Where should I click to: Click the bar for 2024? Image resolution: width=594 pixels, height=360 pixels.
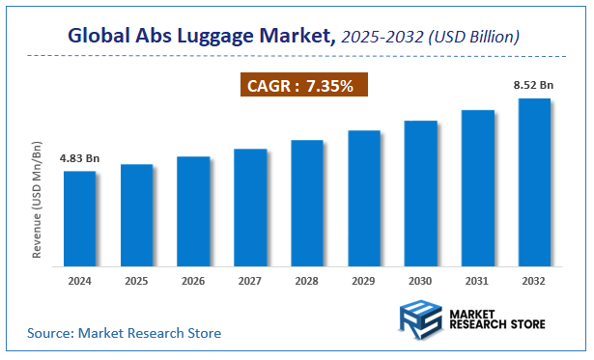[79, 218]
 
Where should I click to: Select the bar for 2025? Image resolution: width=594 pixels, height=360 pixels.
[136, 214]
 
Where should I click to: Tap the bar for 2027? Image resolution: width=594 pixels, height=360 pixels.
[250, 207]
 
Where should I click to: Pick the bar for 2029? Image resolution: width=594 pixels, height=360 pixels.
[364, 197]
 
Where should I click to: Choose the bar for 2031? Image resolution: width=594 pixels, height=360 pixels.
[477, 187]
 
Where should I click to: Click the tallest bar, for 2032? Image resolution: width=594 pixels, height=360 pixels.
[534, 181]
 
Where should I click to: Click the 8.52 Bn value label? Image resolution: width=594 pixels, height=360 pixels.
[533, 85]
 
